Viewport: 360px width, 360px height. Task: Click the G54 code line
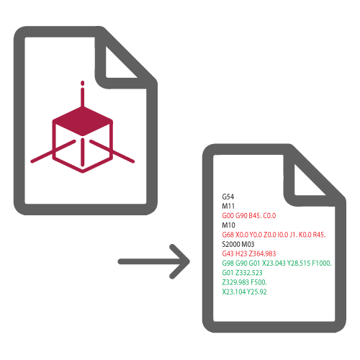(228, 197)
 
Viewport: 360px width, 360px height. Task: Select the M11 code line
(228, 206)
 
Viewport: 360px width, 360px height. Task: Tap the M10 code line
(228, 225)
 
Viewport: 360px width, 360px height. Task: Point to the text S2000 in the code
(231, 244)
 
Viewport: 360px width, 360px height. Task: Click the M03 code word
(248, 244)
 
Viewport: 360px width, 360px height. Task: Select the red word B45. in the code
(255, 215)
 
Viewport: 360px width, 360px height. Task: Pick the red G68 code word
(228, 235)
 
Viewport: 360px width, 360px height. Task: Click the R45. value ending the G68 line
(319, 235)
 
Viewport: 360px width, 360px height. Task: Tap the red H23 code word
(241, 253)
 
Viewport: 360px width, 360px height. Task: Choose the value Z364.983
(262, 253)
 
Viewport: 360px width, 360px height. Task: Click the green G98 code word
(228, 264)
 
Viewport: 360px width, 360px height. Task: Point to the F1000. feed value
(322, 264)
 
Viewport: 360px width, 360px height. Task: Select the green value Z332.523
(248, 273)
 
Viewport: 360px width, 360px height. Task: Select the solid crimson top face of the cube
(83, 121)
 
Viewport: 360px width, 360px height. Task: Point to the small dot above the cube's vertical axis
(83, 84)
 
